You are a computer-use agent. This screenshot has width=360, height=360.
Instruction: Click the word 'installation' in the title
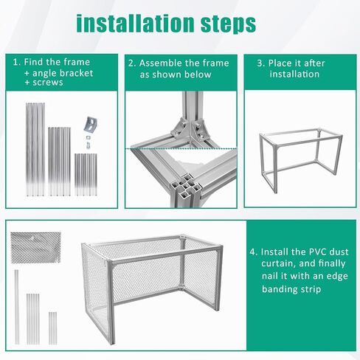point(135,23)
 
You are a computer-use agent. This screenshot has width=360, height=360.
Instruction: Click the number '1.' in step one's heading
point(17,62)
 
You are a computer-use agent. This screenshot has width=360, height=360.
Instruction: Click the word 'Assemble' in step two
point(161,63)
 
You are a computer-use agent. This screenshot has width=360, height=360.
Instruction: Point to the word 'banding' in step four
point(279,289)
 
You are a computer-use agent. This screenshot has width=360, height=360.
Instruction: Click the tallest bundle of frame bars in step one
point(35,150)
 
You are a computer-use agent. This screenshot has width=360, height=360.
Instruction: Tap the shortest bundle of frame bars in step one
point(86,175)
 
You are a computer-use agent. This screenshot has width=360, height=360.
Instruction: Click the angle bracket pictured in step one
point(91,124)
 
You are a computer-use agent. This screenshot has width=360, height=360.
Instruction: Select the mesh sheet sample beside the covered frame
point(35,247)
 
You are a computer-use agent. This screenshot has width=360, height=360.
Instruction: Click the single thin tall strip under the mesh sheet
point(16,307)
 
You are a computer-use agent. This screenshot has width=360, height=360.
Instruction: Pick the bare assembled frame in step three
point(300,160)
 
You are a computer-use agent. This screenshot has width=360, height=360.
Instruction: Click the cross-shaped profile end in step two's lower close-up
point(187,187)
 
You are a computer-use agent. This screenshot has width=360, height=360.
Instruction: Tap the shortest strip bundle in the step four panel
point(52,328)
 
